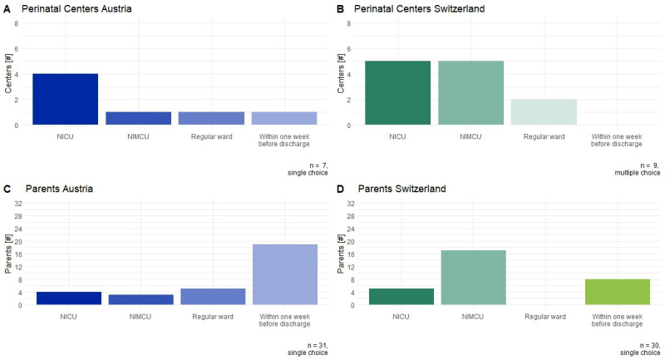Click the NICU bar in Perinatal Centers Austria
(x=66, y=99)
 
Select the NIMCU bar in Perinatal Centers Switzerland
(x=470, y=93)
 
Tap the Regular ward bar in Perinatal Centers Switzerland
(x=544, y=112)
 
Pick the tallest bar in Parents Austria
(x=285, y=274)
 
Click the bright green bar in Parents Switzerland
(x=618, y=292)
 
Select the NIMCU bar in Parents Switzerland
(x=473, y=278)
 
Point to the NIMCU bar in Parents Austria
(x=140, y=299)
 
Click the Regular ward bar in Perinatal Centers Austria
(x=211, y=118)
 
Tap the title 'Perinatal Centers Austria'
(x=76, y=9)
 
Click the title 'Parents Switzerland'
(x=401, y=189)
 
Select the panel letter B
(x=340, y=9)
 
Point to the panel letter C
(x=7, y=189)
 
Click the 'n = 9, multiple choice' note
(x=638, y=169)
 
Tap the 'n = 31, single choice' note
(x=308, y=349)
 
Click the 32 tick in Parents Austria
(x=17, y=204)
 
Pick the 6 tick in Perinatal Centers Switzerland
(x=348, y=49)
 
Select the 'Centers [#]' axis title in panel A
(x=8, y=74)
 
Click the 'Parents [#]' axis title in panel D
(x=341, y=254)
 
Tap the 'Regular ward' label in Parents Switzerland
(x=545, y=317)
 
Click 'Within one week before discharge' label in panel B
(x=617, y=141)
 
